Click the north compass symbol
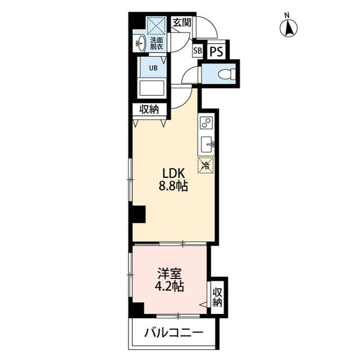pyautogui.click(x=290, y=26)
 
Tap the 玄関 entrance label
pyautogui.click(x=181, y=23)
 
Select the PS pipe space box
pyautogui.click(x=217, y=51)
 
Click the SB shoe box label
pyautogui.click(x=197, y=51)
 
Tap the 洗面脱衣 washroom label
pyautogui.click(x=156, y=44)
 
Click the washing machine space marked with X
pyautogui.click(x=155, y=25)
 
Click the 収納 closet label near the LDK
pyautogui.click(x=149, y=109)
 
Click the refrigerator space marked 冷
pyautogui.click(x=206, y=165)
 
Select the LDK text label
pyautogui.click(x=173, y=174)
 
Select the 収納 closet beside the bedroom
pyautogui.click(x=217, y=295)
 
